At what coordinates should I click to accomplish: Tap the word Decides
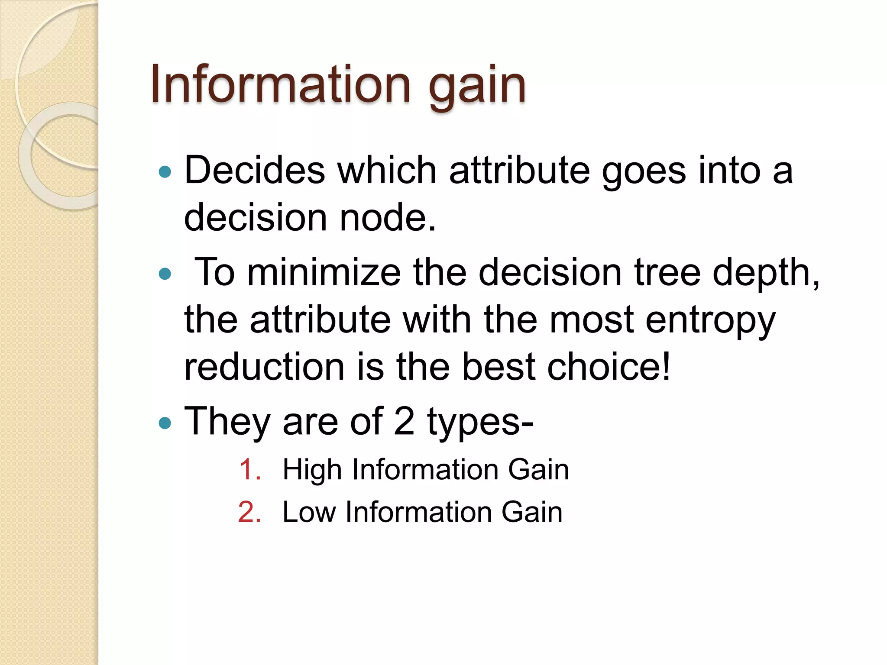pos(255,170)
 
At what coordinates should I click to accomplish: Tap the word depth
pos(765,274)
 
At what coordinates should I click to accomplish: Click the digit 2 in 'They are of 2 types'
pos(404,421)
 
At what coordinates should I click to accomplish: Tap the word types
pos(480,423)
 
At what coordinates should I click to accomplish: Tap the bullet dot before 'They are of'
pos(165,422)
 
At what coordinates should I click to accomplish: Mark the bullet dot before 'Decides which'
pos(165,172)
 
